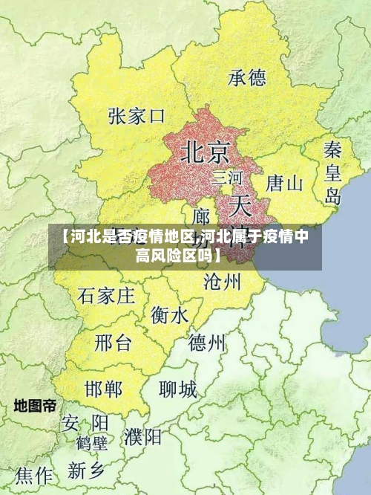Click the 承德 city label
click(x=247, y=77)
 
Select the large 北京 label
click(x=205, y=152)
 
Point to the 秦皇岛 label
click(x=332, y=172)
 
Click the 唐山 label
click(x=284, y=183)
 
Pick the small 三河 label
click(x=227, y=178)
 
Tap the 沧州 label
click(x=222, y=281)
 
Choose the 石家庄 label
click(x=106, y=296)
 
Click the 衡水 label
click(x=169, y=315)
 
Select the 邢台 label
click(x=113, y=343)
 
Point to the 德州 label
click(x=207, y=343)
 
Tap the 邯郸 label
click(x=104, y=389)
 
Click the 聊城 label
click(x=178, y=389)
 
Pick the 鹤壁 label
click(x=92, y=444)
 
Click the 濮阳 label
click(x=143, y=436)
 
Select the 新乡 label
click(x=87, y=470)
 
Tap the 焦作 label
click(x=34, y=475)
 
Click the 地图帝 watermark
click(x=35, y=406)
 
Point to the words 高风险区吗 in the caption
click(x=177, y=256)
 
